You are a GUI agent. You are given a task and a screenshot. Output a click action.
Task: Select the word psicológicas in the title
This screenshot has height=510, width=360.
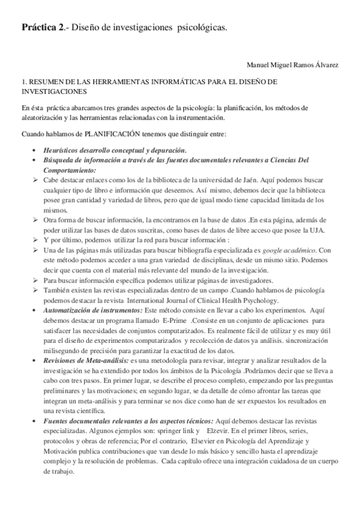[x=200, y=27]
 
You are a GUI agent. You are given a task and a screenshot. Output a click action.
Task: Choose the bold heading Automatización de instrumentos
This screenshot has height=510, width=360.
[x=90, y=311]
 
